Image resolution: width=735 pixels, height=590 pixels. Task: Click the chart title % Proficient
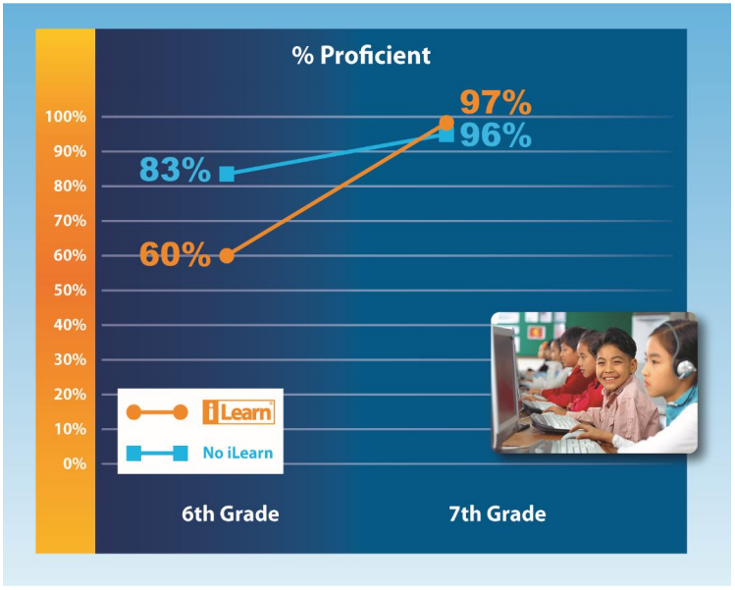[x=361, y=55]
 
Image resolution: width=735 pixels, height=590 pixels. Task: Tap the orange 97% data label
[x=496, y=103]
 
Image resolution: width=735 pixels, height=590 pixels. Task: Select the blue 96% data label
[x=496, y=135]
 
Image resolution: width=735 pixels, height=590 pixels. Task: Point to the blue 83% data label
[x=176, y=169]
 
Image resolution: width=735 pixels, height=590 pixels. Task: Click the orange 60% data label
[x=176, y=254]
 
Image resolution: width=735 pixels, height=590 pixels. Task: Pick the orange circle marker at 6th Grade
[x=227, y=256]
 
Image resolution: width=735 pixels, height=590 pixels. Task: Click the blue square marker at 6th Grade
[x=227, y=174]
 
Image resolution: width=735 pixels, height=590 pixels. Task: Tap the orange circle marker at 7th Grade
[x=446, y=123]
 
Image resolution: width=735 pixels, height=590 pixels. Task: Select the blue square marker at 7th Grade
[x=446, y=135]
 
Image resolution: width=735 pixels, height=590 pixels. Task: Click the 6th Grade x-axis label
[x=231, y=514]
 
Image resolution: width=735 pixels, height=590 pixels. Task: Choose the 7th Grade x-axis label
[x=498, y=514]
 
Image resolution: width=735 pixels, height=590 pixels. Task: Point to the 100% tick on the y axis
[x=66, y=116]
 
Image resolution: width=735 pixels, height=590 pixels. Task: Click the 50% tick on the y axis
[x=70, y=291]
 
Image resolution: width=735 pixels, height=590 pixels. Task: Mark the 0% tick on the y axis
[x=75, y=463]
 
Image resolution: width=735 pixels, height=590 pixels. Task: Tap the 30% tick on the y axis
[x=70, y=359]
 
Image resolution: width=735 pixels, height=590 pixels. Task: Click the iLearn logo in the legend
[x=238, y=412]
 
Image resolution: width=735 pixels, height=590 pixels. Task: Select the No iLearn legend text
[x=237, y=453]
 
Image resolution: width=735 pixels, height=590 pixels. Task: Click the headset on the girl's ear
[x=683, y=367]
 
